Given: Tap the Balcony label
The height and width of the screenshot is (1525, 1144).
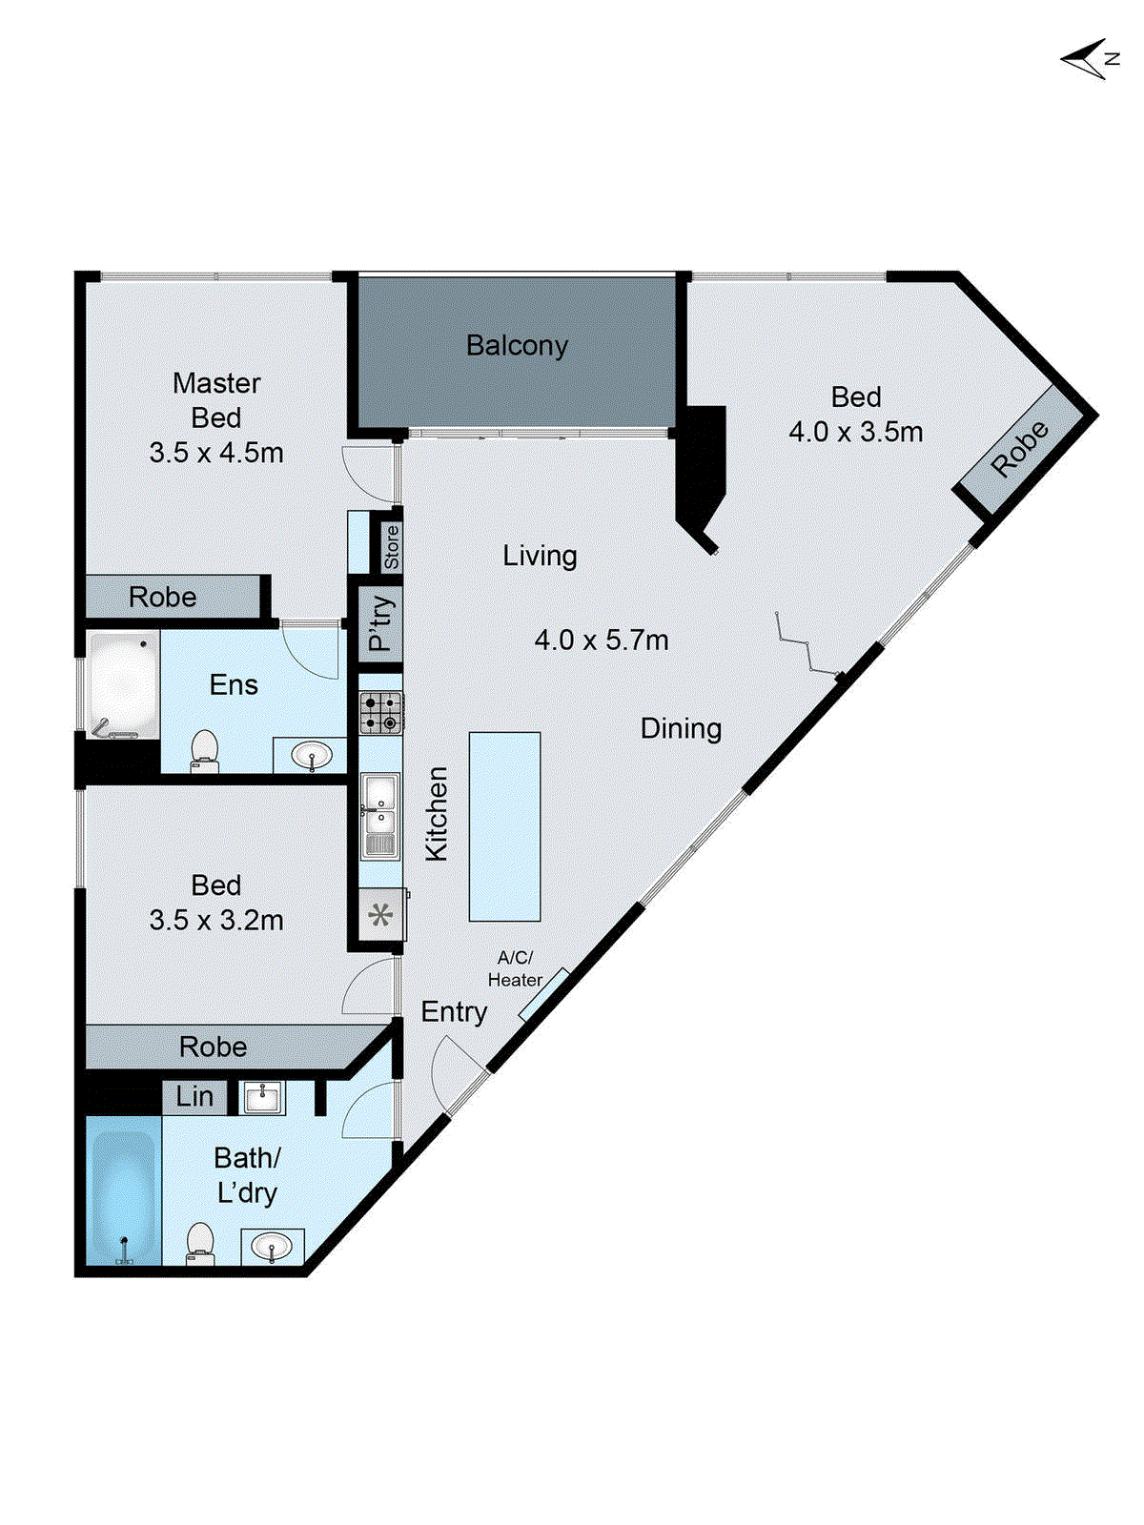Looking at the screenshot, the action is pos(517,346).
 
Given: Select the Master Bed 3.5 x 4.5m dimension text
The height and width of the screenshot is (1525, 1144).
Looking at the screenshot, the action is pos(216,453).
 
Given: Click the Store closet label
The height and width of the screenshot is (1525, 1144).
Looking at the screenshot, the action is pos(392,547).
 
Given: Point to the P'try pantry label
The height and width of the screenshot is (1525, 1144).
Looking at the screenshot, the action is pos(380,623).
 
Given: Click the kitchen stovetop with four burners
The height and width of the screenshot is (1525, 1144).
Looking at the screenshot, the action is pos(381,713).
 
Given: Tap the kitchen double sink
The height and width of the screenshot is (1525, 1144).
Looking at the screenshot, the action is pos(380,816).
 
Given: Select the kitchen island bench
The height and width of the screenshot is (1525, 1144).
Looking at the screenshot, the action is pos(505,826).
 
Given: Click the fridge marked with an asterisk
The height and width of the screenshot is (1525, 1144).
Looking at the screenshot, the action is pos(380,915).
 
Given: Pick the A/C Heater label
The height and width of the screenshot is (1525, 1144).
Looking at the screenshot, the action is pos(515,969).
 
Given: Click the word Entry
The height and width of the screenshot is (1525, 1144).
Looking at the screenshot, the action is pos(455,1012).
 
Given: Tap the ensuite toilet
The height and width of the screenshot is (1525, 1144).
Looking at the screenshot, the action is pos(204,752).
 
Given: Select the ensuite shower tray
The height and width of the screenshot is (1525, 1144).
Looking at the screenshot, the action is pos(123,684).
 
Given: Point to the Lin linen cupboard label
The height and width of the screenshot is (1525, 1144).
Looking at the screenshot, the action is pos(194,1096).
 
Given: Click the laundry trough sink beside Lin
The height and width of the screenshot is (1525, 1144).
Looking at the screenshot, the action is pos(262,1098).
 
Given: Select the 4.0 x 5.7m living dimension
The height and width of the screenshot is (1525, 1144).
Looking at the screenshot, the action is pos(602,640).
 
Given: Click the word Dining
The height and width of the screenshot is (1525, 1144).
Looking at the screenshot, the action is pos(681,729).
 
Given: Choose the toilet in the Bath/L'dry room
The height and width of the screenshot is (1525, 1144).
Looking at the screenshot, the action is pos(200,1244).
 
